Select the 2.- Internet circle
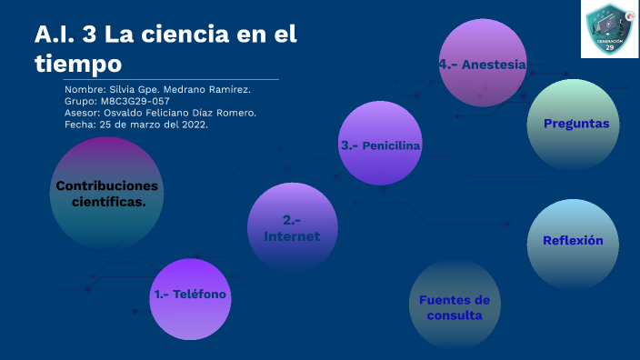click(x=293, y=226)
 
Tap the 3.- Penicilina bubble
click(x=381, y=145)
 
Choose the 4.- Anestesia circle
click(x=483, y=65)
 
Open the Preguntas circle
click(x=574, y=125)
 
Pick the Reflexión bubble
click(x=573, y=242)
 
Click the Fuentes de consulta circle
click(x=454, y=306)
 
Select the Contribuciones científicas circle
click(x=106, y=194)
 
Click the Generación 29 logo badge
click(x=608, y=29)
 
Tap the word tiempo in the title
click(x=77, y=64)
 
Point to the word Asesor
click(x=82, y=113)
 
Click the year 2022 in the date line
click(x=193, y=125)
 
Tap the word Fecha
click(x=80, y=125)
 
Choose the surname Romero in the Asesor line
click(x=235, y=113)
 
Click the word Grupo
click(x=82, y=102)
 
